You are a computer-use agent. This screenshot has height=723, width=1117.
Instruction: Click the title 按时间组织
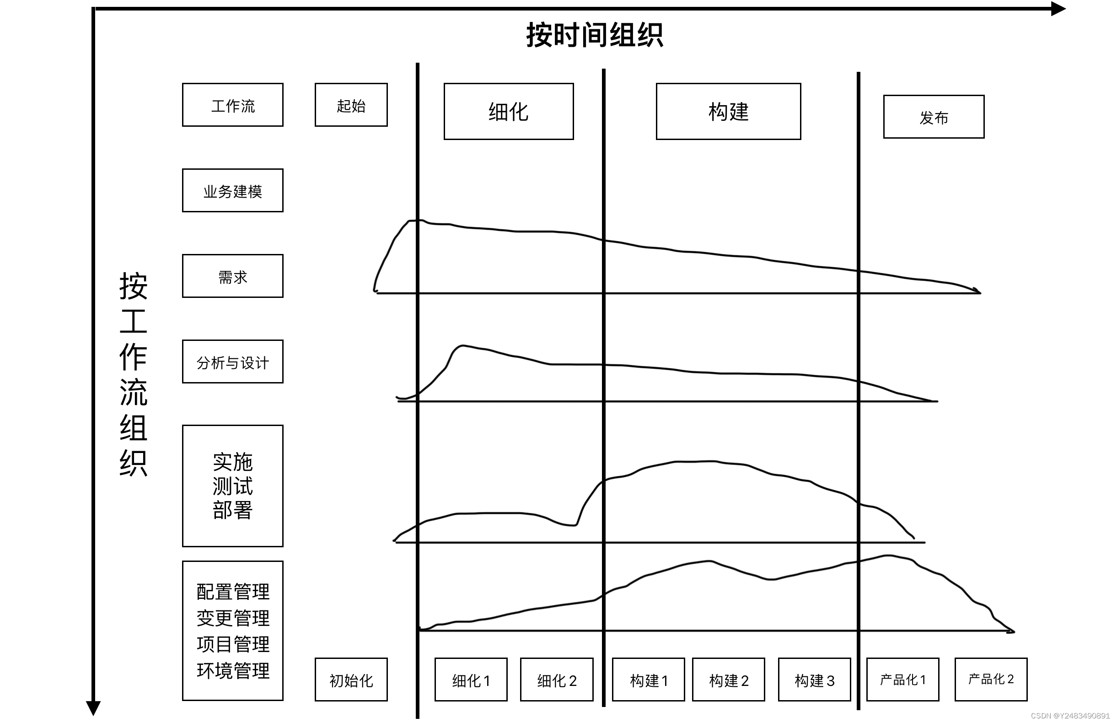tap(594, 35)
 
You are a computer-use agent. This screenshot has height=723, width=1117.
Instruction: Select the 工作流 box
tap(233, 105)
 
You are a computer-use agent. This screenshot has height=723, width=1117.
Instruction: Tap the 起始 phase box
tap(351, 105)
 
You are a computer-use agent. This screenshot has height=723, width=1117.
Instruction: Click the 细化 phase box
tap(508, 112)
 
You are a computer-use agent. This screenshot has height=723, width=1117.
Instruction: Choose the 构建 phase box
tap(728, 112)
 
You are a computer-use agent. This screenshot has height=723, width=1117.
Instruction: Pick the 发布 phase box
tap(934, 117)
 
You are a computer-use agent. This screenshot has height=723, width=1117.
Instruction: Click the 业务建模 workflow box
tap(233, 191)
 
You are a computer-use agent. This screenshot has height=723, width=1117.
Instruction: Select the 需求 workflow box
tap(233, 276)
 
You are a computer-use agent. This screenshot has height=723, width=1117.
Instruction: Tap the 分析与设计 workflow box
tap(233, 362)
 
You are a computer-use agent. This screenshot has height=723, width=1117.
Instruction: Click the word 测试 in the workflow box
tap(233, 486)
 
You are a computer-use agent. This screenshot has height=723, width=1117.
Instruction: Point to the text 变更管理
tap(233, 618)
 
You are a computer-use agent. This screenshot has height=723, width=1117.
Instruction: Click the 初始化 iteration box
tap(351, 680)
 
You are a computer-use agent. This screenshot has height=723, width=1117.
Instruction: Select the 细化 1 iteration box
tap(471, 680)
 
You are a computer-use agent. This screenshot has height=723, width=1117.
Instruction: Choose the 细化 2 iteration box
tap(557, 680)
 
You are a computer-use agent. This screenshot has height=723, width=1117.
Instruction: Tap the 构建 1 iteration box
tap(648, 680)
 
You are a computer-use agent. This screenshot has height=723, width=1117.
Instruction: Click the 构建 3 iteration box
tap(814, 680)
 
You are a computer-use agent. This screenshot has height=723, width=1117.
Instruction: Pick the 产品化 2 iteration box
tap(991, 680)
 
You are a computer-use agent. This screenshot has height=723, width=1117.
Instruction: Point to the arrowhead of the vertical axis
tap(93, 707)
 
